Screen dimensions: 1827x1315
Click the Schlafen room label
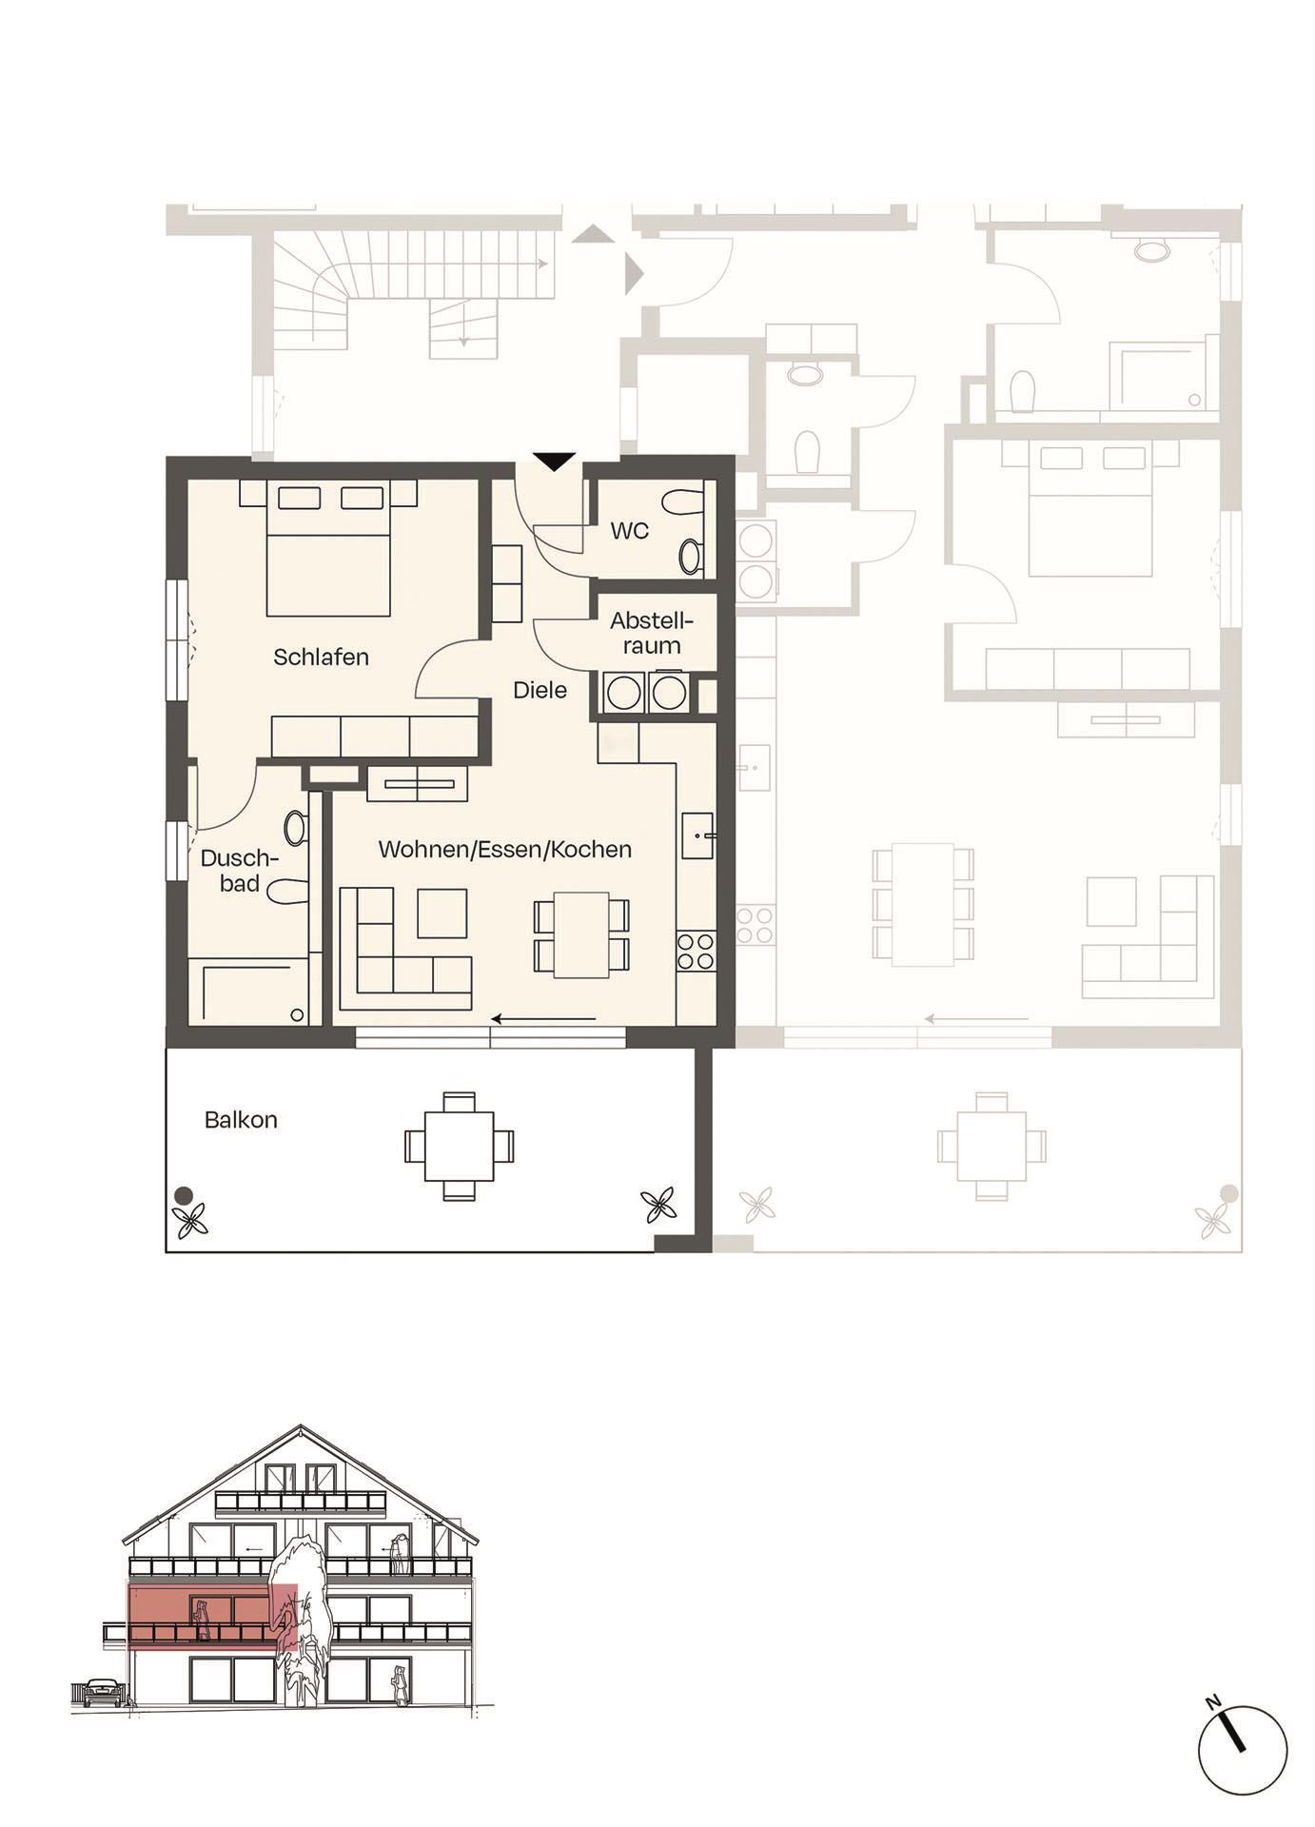pos(321,657)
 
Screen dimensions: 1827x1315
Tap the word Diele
pos(540,690)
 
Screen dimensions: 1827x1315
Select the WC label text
pos(629,531)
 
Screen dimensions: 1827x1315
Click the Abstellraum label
pos(652,634)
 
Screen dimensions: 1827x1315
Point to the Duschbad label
pos(240,871)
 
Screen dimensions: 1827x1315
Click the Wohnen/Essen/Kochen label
pos(504,849)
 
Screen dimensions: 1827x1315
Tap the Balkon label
pos(241,1120)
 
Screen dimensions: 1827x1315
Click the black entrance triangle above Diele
pos(554,462)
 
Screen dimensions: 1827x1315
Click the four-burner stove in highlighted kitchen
pos(696,951)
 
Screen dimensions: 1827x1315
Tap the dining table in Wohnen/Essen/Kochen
pos(581,934)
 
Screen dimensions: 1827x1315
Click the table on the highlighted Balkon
pos(459,1146)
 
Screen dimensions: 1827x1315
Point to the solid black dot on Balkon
pos(183,1196)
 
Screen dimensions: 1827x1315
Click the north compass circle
pos(1242,1750)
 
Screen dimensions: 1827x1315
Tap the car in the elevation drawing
pos(102,1691)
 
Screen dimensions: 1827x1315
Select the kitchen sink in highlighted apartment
pos(697,836)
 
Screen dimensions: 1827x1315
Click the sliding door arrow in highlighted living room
pos(542,1019)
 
